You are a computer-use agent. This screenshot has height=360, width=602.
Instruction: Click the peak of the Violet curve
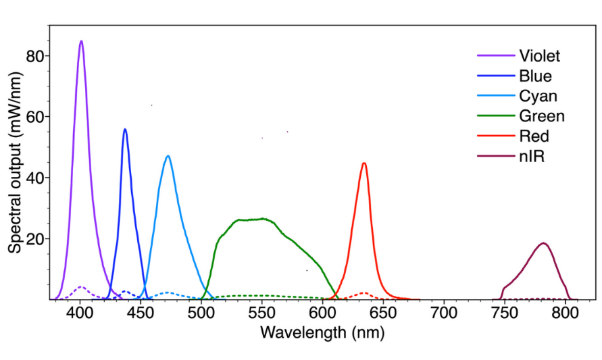click(81, 41)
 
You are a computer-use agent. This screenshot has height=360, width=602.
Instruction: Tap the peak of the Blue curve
click(124, 129)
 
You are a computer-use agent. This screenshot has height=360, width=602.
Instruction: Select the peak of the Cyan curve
click(168, 156)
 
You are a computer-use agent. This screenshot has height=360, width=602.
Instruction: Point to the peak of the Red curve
click(364, 163)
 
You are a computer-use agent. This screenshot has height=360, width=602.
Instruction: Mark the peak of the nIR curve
click(543, 242)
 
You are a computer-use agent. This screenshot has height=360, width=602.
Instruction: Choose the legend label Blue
click(535, 76)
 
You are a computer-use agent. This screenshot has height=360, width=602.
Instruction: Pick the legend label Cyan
click(538, 96)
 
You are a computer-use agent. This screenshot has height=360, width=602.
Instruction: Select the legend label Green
click(541, 116)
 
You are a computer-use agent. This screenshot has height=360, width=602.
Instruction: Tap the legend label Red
click(534, 136)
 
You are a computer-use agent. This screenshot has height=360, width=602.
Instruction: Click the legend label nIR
click(532, 157)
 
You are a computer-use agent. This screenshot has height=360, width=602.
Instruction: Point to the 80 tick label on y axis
click(36, 56)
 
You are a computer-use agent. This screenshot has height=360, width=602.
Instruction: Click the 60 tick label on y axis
click(36, 117)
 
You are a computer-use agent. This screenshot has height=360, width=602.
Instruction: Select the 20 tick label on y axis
click(36, 239)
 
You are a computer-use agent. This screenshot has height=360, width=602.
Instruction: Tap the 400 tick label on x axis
click(80, 313)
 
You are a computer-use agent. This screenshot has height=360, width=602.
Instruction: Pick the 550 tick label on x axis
click(261, 313)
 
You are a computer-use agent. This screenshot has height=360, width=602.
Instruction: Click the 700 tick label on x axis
click(443, 313)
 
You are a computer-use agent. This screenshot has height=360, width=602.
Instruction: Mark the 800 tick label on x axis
click(564, 313)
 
